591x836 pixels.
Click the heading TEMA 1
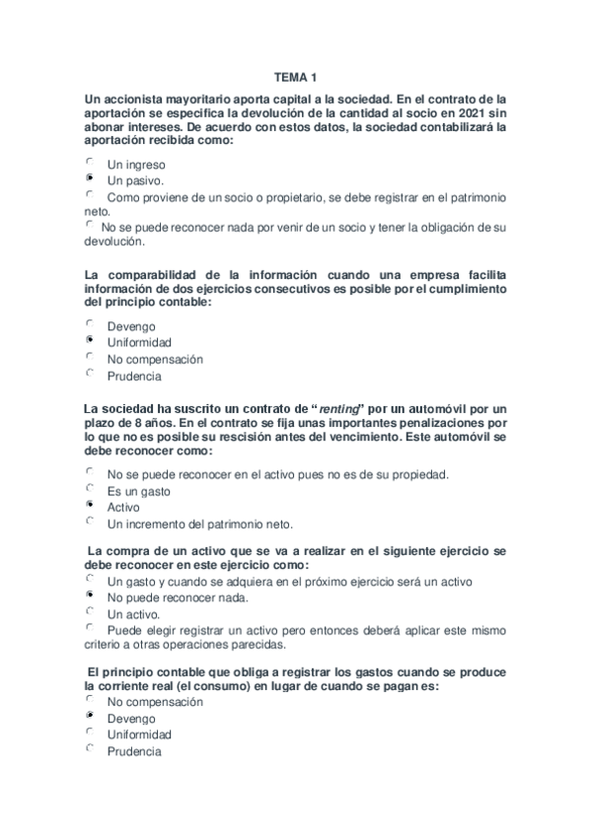pyautogui.click(x=295, y=76)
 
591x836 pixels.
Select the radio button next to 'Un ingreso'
pyautogui.click(x=90, y=163)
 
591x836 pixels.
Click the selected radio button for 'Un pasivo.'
pyautogui.click(x=90, y=179)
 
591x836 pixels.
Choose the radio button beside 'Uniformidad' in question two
pyautogui.click(x=90, y=340)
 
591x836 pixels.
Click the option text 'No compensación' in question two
pyautogui.click(x=155, y=359)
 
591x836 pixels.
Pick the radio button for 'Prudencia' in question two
pyautogui.click(x=90, y=374)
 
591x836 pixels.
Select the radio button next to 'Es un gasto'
pyautogui.click(x=90, y=489)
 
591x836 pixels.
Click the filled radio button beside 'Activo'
pyautogui.click(x=90, y=505)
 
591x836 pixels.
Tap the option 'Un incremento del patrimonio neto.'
pyautogui.click(x=200, y=523)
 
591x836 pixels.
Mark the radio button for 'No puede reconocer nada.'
pyautogui.click(x=90, y=595)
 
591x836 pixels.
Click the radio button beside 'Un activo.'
pyautogui.click(x=90, y=611)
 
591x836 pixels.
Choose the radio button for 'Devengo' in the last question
pyautogui.click(x=90, y=717)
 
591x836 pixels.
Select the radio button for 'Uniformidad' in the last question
pyautogui.click(x=90, y=732)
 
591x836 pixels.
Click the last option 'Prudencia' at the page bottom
pyautogui.click(x=134, y=751)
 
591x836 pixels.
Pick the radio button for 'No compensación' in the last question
pyautogui.click(x=90, y=700)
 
